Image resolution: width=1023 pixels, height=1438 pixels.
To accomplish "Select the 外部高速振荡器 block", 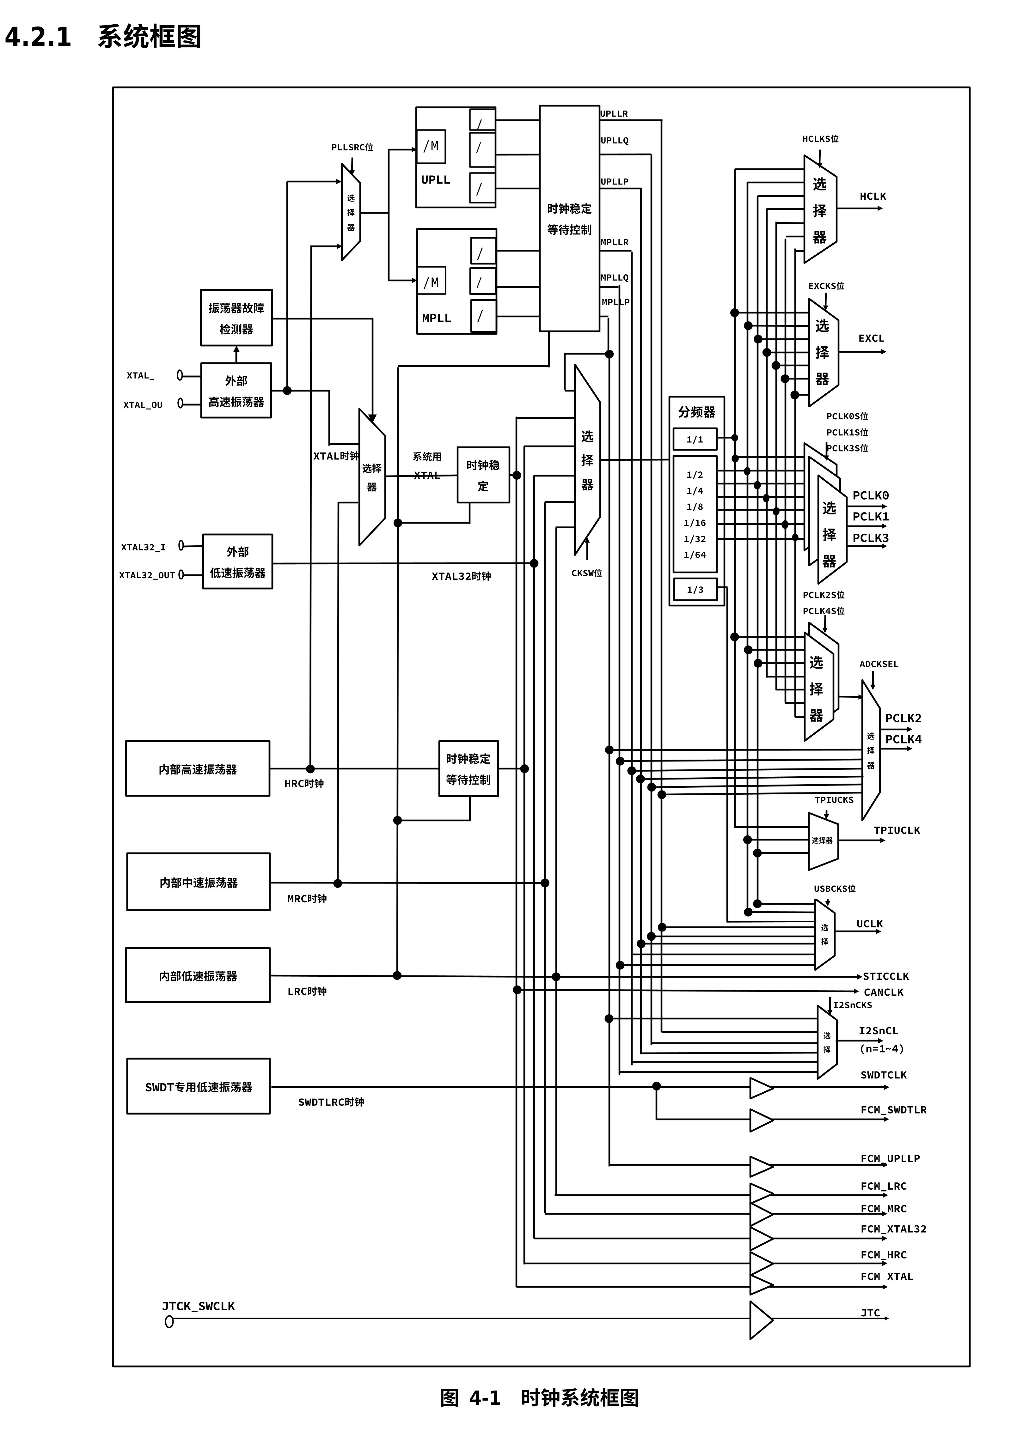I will click(236, 390).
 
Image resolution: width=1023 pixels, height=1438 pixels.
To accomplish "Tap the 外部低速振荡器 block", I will click(237, 561).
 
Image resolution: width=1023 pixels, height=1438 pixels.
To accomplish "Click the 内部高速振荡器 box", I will click(198, 769).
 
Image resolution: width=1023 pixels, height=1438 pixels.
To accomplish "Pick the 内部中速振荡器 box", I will click(199, 882).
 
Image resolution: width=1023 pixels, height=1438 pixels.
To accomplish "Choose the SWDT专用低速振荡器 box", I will click(199, 1087).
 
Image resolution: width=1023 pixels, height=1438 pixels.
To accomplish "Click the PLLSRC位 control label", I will click(352, 147).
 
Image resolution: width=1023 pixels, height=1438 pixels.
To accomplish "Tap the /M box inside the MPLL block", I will click(432, 282).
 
